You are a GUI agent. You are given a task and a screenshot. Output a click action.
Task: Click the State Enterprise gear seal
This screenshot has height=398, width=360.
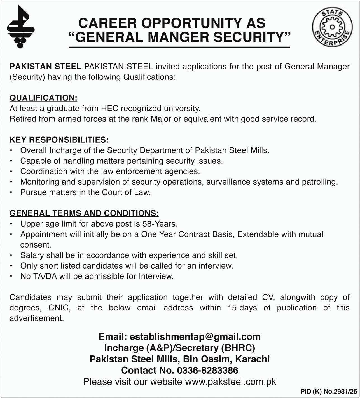pos(332,27)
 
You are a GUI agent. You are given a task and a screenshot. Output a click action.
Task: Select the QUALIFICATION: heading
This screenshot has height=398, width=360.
pos(43,98)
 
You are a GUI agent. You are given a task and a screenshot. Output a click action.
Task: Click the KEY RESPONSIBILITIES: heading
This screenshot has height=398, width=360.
pos(59,140)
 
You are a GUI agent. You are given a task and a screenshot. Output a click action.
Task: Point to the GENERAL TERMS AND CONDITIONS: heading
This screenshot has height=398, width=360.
pos(84,213)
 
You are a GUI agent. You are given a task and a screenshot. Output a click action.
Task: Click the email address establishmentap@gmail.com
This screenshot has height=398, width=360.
pos(195,337)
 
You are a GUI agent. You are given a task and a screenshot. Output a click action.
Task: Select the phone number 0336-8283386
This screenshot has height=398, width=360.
pos(207,370)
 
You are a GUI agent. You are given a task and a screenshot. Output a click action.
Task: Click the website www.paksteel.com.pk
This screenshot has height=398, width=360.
pos(231,382)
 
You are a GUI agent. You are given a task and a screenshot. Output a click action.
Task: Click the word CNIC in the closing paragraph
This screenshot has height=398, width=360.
pos(59,308)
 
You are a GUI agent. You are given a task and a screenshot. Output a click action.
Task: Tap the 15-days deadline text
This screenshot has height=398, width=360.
pos(242,308)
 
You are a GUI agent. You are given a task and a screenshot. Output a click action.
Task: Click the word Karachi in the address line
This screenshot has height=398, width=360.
pos(253,359)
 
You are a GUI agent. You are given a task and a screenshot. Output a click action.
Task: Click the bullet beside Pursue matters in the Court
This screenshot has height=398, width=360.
pos(11,193)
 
